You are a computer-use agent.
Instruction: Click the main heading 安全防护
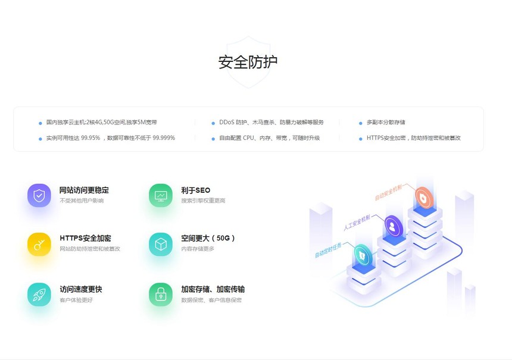248,62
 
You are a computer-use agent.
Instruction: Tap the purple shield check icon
39,195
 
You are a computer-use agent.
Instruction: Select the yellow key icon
39,244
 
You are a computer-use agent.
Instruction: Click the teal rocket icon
39,295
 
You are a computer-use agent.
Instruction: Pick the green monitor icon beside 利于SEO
161,195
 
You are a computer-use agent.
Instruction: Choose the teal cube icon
161,244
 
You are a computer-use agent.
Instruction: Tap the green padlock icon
161,295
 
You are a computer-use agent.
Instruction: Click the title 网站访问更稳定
85,190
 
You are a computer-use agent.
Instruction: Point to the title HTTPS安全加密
86,238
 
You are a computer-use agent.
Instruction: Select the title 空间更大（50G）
208,238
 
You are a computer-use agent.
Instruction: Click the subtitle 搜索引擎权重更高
203,201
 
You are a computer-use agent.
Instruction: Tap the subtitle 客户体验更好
76,300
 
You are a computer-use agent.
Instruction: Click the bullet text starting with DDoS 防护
271,122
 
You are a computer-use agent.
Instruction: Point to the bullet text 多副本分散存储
386,122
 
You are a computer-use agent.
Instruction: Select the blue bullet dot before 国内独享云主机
40,123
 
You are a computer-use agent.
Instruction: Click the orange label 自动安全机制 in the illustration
388,192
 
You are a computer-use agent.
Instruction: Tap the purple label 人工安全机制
357,223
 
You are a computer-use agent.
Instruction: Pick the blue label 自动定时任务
328,250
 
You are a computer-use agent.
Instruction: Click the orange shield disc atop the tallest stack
424,198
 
